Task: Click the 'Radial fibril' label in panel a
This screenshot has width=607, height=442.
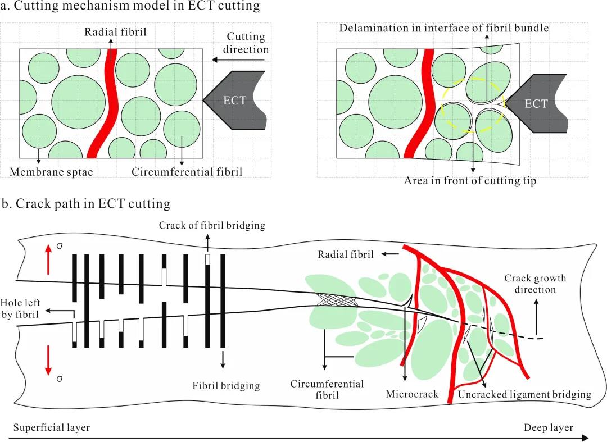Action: click(115, 32)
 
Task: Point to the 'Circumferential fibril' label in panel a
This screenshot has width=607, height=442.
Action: click(187, 172)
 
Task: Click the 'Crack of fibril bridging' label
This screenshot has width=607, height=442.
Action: click(212, 226)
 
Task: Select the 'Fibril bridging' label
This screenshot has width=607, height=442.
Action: click(226, 386)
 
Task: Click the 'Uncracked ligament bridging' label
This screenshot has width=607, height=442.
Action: click(524, 394)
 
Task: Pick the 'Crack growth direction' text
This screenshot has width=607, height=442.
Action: click(535, 284)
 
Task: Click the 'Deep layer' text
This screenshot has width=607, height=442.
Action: click(548, 427)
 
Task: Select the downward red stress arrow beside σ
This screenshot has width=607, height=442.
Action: click(48, 359)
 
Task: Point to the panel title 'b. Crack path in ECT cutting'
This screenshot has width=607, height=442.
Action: click(86, 203)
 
